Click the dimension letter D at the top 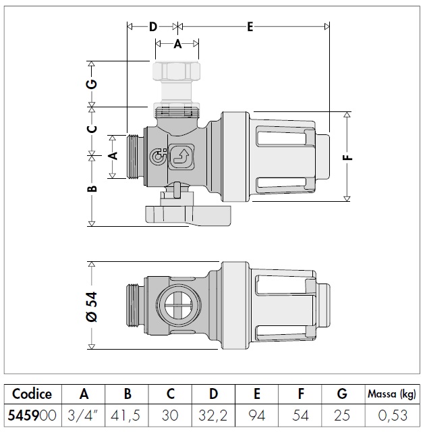[x=152, y=27]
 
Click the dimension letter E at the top [x=250, y=27]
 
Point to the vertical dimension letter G [x=94, y=84]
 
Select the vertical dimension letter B [x=94, y=188]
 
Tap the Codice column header [x=32, y=394]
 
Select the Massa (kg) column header [x=391, y=394]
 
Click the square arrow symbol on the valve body [x=180, y=158]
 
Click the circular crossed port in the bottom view [x=176, y=302]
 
